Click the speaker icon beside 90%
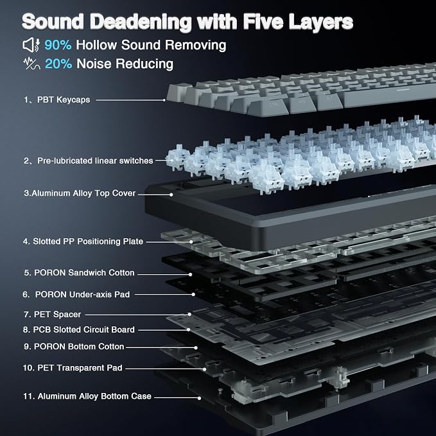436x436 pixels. tap(31, 45)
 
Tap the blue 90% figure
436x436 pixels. tap(58, 45)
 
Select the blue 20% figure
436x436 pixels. tap(58, 64)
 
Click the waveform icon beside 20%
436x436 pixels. tap(31, 64)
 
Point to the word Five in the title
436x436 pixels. tap(263, 21)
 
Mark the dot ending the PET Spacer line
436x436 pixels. tap(189, 315)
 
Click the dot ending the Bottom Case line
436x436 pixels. tap(199, 398)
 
